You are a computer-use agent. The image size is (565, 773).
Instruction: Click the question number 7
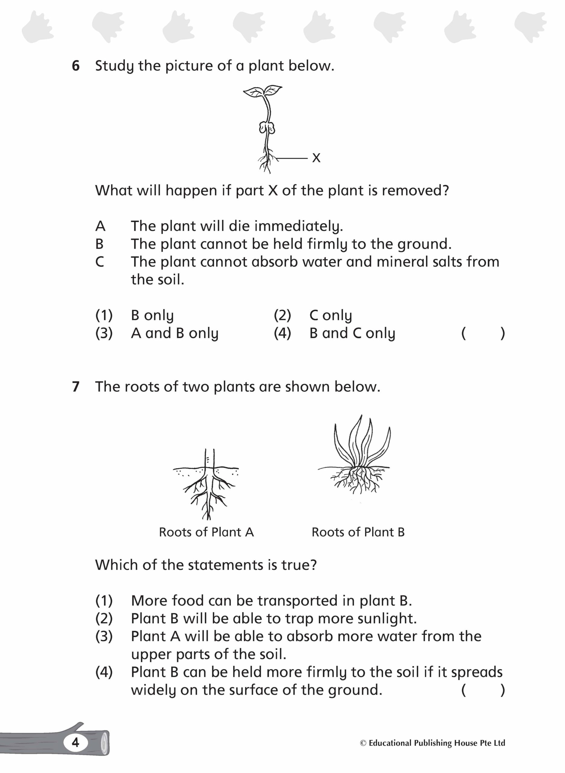(x=75, y=387)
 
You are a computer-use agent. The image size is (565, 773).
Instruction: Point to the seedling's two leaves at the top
(x=263, y=91)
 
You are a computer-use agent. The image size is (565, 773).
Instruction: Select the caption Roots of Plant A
(x=206, y=532)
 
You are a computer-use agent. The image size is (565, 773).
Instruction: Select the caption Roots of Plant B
(x=358, y=532)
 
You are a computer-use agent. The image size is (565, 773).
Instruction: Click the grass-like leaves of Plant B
(x=362, y=441)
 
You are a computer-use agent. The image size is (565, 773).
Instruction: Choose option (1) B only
(x=152, y=315)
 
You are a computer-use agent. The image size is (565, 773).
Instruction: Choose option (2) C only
(x=330, y=315)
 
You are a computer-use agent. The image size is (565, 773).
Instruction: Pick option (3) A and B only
(x=175, y=333)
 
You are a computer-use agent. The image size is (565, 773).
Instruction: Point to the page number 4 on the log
(x=75, y=742)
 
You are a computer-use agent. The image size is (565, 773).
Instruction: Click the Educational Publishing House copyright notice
(x=432, y=743)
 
